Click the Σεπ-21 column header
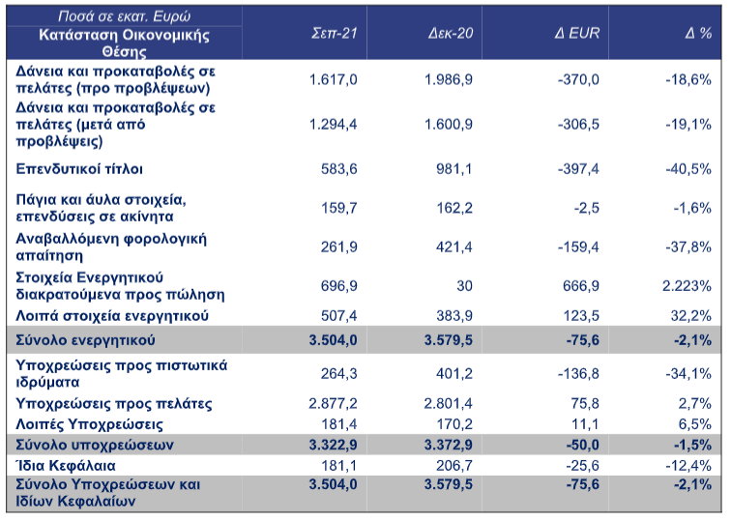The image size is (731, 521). coord(334,33)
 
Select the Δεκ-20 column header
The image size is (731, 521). coord(451,33)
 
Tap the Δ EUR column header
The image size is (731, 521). coord(576,33)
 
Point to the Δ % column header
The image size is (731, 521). coord(698,33)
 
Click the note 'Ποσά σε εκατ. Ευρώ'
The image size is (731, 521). coord(124,16)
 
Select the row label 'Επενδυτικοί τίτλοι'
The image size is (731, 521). coord(79,169)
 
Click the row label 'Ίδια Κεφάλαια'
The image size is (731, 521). coord(66,466)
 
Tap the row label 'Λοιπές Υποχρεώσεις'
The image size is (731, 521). coord(90,424)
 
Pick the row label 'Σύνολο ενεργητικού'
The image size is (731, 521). coord(85,340)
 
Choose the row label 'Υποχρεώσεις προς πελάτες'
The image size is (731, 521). coord(114,404)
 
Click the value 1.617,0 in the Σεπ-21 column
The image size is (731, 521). coord(334,79)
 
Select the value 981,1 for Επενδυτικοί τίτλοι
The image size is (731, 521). coord(454,169)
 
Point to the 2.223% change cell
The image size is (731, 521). coord(687,286)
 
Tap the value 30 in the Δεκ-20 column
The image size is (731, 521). coord(464,286)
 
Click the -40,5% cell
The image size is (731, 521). coord(688,169)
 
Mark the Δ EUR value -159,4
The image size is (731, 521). coord(578,247)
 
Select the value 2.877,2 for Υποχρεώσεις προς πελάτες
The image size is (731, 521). coord(333,404)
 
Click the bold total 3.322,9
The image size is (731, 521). coord(333,445)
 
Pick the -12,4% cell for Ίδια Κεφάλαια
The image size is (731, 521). coord(688,466)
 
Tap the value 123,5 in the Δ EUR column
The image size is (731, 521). coord(581,316)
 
